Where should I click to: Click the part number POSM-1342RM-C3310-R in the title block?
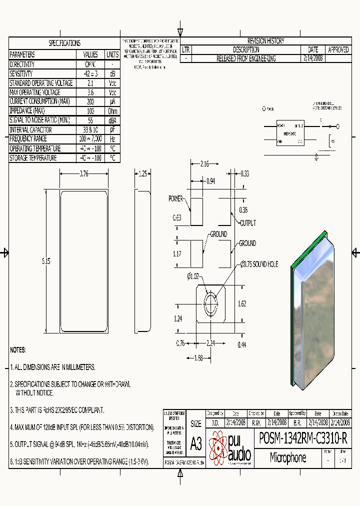coord(303,438)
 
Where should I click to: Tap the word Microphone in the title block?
coord(288,457)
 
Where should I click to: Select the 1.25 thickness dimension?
coord(143,173)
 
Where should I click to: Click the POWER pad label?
coord(175,198)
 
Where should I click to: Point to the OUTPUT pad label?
coord(247,223)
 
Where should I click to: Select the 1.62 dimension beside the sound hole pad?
coord(242,303)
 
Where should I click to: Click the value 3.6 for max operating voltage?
coord(90,92)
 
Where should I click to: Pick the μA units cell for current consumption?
coord(112,101)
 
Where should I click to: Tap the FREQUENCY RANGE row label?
coord(28,139)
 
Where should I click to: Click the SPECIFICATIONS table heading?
coord(64,43)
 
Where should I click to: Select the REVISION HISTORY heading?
coord(265,41)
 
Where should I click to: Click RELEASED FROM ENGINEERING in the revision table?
coord(245,58)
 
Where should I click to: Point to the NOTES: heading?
coord(18,349)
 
